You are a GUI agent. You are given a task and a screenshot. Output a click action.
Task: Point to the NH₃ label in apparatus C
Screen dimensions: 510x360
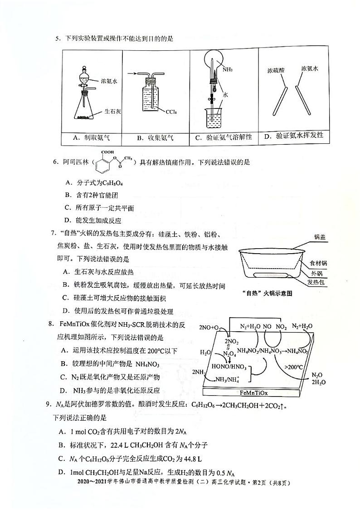(228, 69)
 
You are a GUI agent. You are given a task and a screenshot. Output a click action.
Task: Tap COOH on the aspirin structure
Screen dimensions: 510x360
(108, 153)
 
